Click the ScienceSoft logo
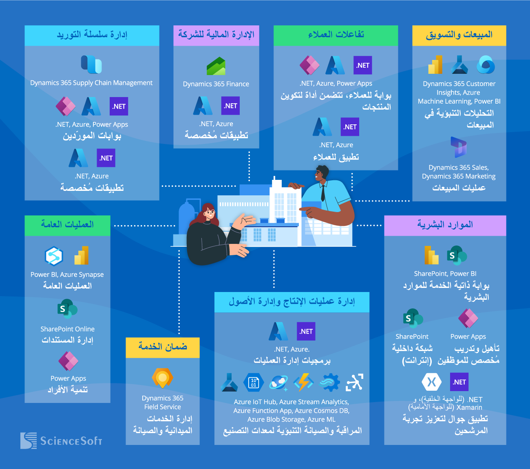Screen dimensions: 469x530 [x=61, y=441]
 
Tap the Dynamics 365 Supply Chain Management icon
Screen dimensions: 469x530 [x=91, y=64]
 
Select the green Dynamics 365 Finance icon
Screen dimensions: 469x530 [x=216, y=66]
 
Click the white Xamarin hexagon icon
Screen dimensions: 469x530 [x=432, y=382]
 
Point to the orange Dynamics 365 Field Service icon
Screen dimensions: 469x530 [x=162, y=378]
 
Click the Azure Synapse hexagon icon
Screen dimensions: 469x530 [x=54, y=256]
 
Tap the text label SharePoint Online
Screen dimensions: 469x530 [x=67, y=329]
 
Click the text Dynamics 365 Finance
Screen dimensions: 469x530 [x=216, y=84]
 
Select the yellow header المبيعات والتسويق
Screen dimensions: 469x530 [x=459, y=35]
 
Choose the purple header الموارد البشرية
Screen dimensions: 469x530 [x=445, y=225]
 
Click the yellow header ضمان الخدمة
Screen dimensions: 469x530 [x=162, y=347]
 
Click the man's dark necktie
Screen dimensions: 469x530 [x=323, y=192]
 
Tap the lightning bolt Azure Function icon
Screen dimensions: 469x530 [x=304, y=383]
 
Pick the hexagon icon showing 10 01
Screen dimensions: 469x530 [x=254, y=383]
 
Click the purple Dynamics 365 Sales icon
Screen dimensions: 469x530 [x=459, y=147]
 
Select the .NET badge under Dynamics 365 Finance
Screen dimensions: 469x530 [x=230, y=106]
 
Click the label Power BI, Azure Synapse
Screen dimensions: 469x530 [x=67, y=274]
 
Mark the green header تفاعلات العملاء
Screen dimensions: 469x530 [x=336, y=35]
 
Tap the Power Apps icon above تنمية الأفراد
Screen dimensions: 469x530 [x=68, y=361]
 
